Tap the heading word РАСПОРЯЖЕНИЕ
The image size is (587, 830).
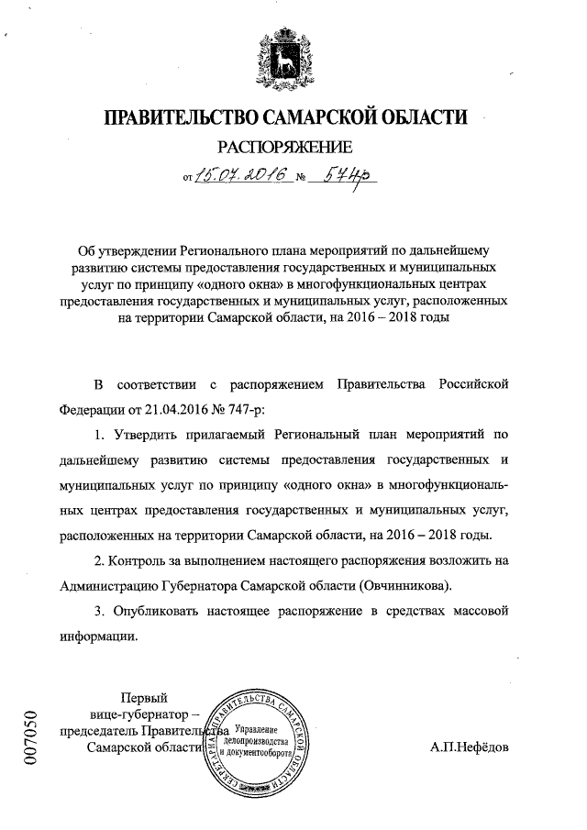coord(283,146)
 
